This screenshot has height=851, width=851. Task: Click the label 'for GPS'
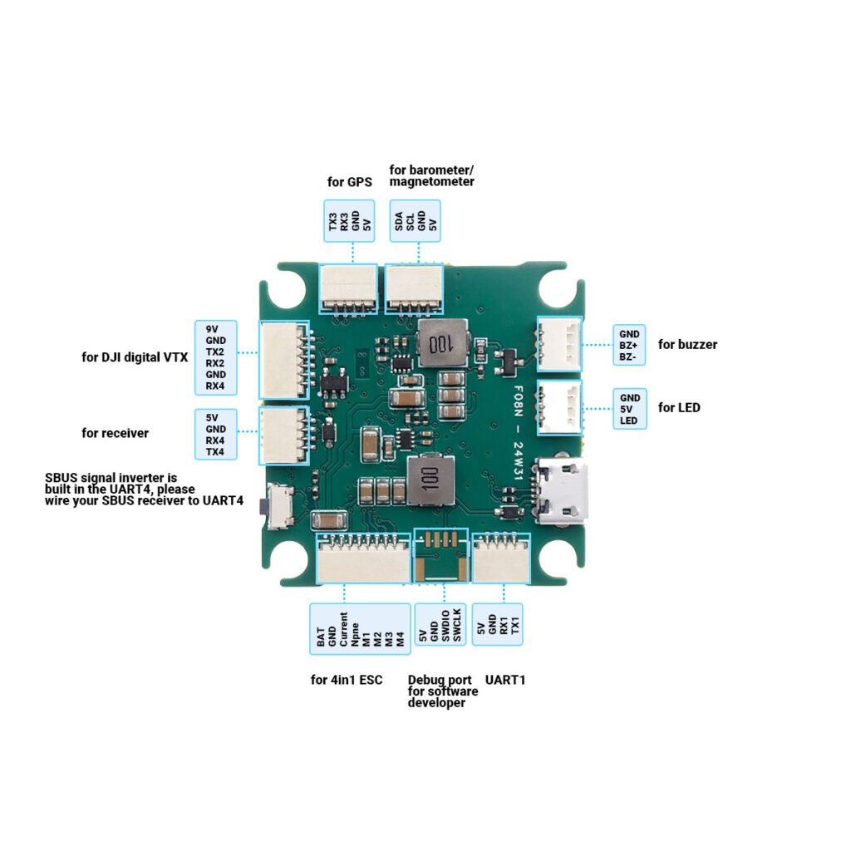click(349, 182)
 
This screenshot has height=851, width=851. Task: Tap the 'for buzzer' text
click(687, 344)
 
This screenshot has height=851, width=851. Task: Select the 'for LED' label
click(679, 407)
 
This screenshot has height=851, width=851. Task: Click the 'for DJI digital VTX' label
click(135, 357)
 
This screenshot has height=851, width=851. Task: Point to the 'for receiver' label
click(116, 433)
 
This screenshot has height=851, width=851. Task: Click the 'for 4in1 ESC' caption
click(347, 680)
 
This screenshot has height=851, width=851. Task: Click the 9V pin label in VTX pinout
click(212, 329)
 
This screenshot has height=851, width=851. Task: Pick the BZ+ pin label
click(629, 345)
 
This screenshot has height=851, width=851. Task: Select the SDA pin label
click(399, 223)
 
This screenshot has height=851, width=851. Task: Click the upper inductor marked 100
click(440, 343)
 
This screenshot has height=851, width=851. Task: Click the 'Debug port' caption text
click(440, 680)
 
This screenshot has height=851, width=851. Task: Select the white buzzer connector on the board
click(559, 344)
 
